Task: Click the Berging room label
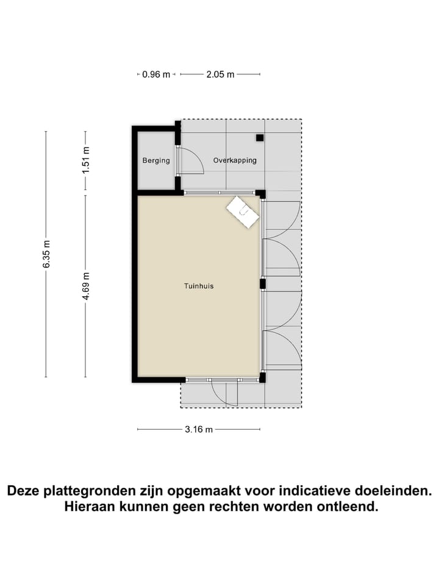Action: [156, 161]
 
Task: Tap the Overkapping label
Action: [235, 161]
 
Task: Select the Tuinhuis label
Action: [199, 286]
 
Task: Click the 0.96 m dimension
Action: [155, 75]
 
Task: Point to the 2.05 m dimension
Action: [220, 75]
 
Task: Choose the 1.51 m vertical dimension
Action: [87, 159]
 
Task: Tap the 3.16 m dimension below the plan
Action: [199, 430]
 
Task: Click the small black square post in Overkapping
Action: [260, 138]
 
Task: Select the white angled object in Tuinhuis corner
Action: [243, 212]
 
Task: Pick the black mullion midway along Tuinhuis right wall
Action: [262, 283]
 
